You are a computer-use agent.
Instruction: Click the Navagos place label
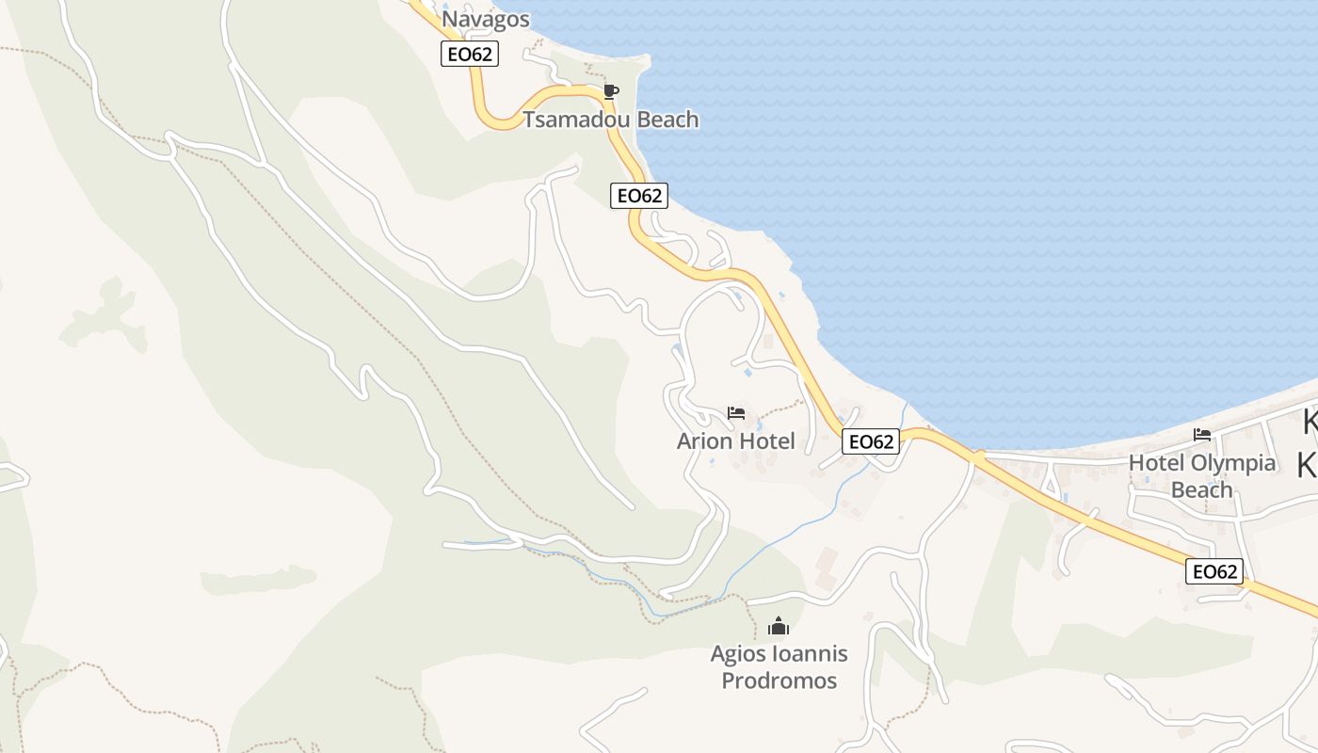486,20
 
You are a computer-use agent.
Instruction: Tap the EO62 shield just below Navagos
469,54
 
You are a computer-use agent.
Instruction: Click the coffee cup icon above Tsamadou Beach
610,92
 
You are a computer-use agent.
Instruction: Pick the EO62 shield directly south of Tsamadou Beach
639,196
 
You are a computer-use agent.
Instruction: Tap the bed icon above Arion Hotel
736,413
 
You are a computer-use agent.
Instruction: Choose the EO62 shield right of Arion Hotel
871,441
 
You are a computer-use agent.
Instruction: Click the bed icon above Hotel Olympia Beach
1201,435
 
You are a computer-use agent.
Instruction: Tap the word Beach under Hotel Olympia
1201,490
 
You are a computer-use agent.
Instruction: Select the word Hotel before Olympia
1157,463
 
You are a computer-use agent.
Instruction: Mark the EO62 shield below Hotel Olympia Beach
1214,571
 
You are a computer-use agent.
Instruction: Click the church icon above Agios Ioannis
779,626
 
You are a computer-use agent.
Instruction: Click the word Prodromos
779,681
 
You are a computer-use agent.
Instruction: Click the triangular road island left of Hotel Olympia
1050,486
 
